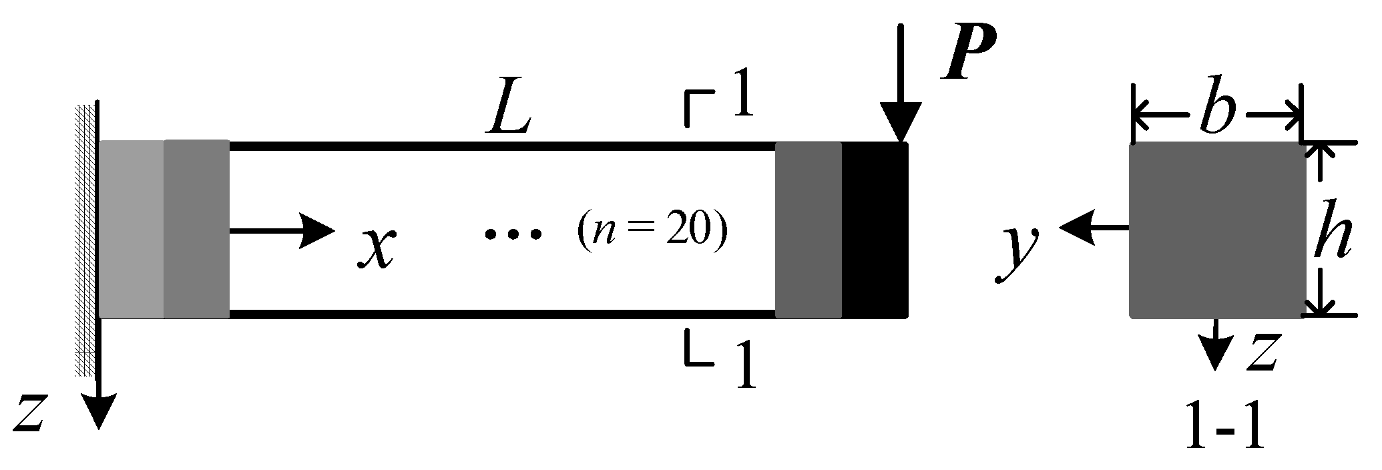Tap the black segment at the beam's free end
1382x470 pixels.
click(x=875, y=230)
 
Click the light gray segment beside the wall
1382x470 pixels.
click(x=132, y=228)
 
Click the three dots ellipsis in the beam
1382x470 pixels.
click(x=513, y=234)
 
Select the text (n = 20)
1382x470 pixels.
click(x=651, y=233)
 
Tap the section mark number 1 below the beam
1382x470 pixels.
click(x=744, y=365)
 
